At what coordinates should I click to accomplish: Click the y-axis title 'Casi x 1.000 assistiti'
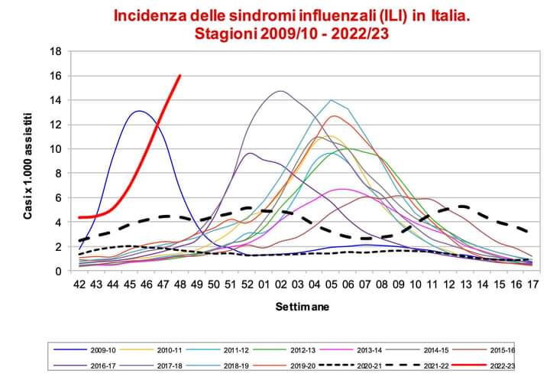click(x=28, y=163)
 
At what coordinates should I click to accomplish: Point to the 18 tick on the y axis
click(x=55, y=52)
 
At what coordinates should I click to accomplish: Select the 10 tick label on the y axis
click(x=55, y=149)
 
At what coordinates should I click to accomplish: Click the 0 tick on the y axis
click(x=58, y=271)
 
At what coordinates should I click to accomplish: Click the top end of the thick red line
click(x=180, y=76)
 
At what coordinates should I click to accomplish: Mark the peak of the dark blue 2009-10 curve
click(x=138, y=112)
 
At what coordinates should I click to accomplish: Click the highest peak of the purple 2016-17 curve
click(x=280, y=91)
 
